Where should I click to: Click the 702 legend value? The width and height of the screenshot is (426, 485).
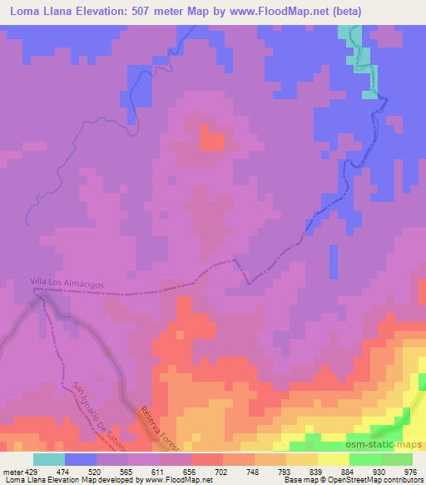point(222,472)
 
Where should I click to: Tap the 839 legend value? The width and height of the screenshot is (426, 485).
point(317,472)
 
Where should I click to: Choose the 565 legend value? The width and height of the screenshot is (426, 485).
point(127,472)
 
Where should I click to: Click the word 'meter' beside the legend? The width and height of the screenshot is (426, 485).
point(12,472)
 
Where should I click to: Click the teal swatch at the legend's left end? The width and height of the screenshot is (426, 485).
point(49,459)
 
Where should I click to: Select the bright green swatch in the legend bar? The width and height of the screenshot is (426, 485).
point(380,459)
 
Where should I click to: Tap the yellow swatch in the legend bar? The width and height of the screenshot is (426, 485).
point(333,459)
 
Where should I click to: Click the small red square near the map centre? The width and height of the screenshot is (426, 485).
point(213,141)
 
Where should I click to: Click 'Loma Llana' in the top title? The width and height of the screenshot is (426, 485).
point(43,11)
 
